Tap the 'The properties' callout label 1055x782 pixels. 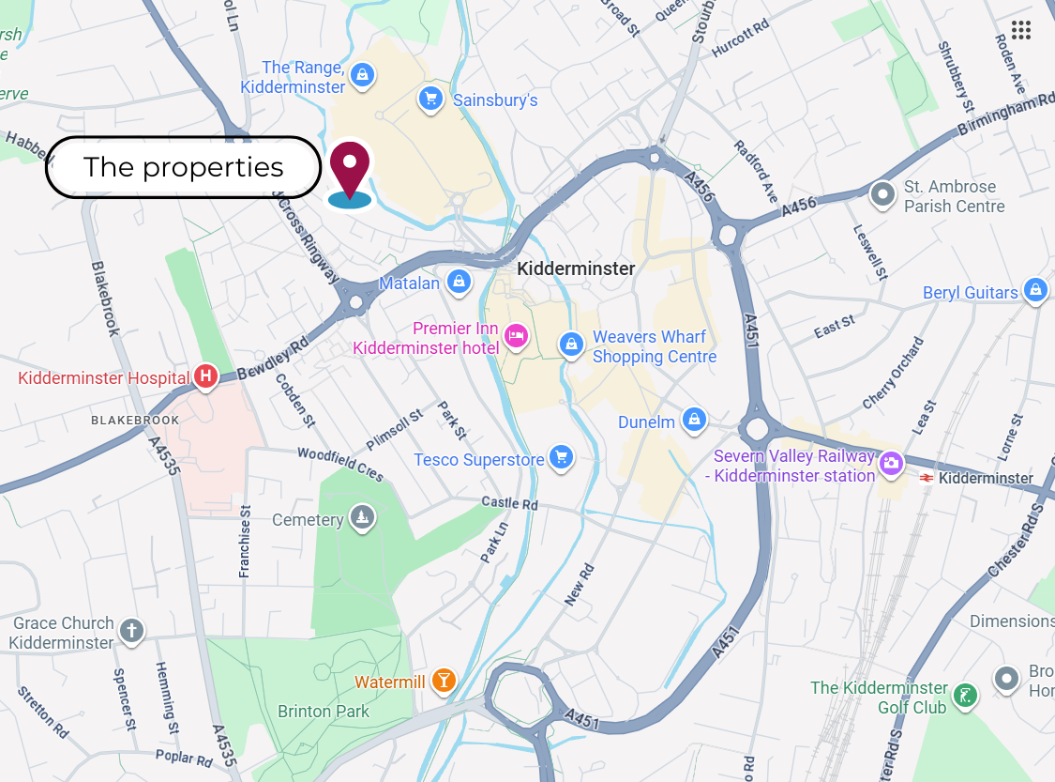tap(183, 167)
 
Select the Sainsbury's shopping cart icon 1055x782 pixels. tap(430, 98)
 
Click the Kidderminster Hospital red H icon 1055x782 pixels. tap(205, 377)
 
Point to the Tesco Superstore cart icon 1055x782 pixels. tap(561, 457)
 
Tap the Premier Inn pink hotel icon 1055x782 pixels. tap(515, 335)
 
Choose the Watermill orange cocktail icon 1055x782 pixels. tap(445, 681)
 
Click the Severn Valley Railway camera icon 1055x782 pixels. tap(890, 463)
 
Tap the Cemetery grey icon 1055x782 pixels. tap(364, 516)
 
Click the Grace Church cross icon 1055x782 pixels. tap(131, 631)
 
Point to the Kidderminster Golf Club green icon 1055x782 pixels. tap(965, 696)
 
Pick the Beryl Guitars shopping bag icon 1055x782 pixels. tap(1034, 289)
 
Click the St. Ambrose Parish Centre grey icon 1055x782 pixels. tap(882, 194)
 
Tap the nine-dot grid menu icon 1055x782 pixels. tap(1021, 30)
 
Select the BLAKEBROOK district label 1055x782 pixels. tap(135, 420)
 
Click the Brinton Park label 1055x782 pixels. tap(324, 712)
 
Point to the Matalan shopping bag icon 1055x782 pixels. tap(459, 280)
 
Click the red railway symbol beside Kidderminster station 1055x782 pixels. tap(926, 478)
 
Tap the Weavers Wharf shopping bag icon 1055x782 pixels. tap(571, 345)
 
